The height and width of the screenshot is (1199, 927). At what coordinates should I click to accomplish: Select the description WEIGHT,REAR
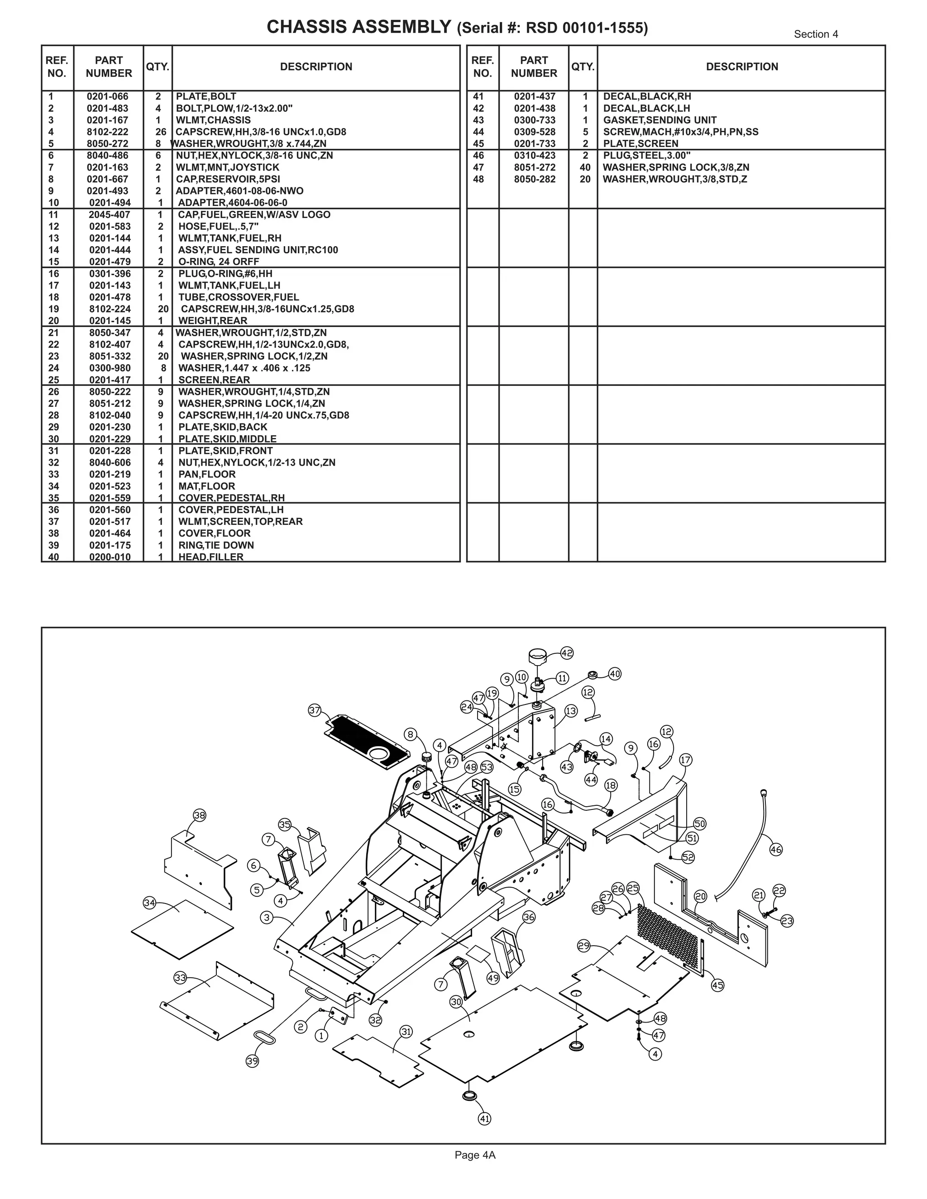(x=213, y=321)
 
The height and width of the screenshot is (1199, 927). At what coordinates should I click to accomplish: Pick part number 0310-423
(x=535, y=155)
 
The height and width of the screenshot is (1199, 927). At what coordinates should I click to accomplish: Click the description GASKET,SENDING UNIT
(x=659, y=120)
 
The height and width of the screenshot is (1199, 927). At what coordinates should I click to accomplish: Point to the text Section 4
(x=816, y=34)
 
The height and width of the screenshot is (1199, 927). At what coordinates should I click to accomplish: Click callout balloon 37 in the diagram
(x=314, y=710)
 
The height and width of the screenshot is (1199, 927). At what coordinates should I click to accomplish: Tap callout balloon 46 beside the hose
(x=775, y=849)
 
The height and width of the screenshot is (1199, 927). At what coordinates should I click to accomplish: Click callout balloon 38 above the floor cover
(x=199, y=815)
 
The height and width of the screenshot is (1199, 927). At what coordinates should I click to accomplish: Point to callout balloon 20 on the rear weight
(x=700, y=896)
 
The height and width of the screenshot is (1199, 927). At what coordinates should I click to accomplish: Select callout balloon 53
(x=487, y=767)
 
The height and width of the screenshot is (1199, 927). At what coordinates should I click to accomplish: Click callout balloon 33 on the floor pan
(x=180, y=977)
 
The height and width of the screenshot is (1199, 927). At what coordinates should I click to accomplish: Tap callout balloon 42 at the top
(x=567, y=653)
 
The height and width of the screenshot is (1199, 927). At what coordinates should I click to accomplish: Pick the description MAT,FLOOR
(x=206, y=486)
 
